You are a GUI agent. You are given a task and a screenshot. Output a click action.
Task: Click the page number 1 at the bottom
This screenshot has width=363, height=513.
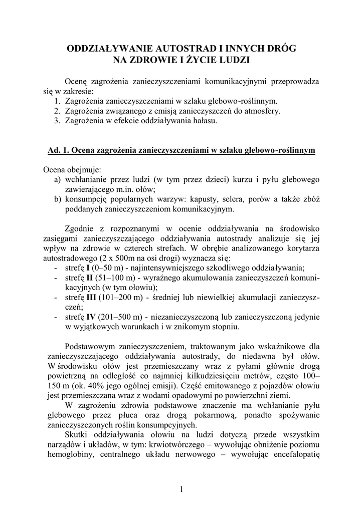click(x=181, y=489)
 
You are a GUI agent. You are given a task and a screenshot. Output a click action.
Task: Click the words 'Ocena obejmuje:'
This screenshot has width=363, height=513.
click(x=72, y=169)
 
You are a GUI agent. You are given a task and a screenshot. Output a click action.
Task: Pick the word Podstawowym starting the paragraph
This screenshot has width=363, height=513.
click(x=90, y=346)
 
